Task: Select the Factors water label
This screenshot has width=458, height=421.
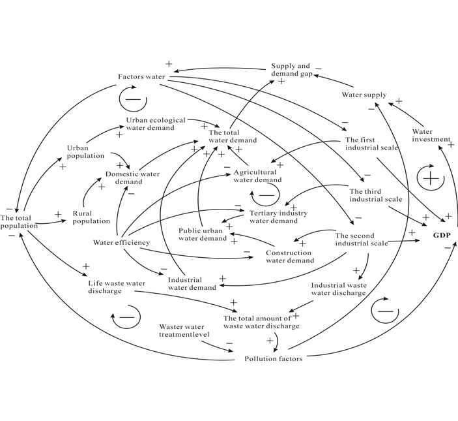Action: click(x=141, y=77)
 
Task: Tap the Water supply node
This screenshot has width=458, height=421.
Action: click(x=364, y=95)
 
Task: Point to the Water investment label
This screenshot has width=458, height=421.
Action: click(x=431, y=135)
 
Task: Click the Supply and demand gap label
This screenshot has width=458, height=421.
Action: click(x=291, y=70)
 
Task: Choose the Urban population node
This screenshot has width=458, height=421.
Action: click(x=85, y=151)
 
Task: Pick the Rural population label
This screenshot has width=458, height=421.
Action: click(x=91, y=217)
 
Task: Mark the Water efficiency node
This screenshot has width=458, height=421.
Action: click(x=121, y=243)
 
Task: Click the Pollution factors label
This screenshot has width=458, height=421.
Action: click(x=273, y=359)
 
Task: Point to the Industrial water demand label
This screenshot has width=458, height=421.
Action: click(x=192, y=283)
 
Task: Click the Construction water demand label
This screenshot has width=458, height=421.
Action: click(x=290, y=257)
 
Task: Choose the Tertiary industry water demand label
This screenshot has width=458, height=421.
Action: click(x=279, y=217)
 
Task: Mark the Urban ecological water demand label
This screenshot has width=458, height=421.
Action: click(x=156, y=124)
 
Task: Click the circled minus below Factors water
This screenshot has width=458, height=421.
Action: click(x=133, y=99)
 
